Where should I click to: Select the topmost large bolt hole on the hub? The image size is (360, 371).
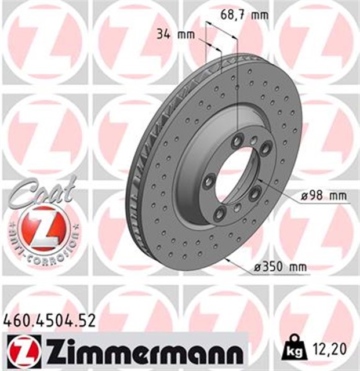pos(238,141)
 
